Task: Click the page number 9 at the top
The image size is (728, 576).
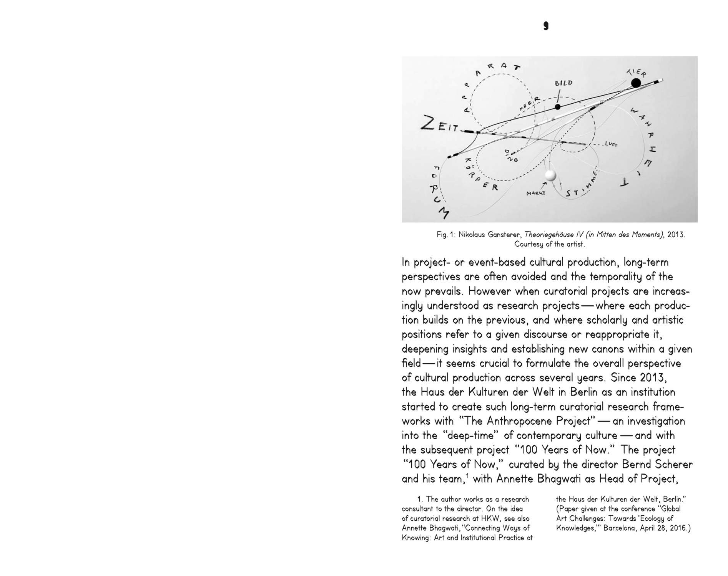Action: click(x=546, y=26)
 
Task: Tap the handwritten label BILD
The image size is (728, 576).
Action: click(x=563, y=83)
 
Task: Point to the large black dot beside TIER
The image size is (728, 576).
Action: click(x=636, y=83)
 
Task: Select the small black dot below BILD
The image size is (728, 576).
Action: click(x=558, y=107)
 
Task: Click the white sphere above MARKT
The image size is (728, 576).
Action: click(x=550, y=175)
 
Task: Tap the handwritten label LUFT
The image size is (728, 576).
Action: click(x=611, y=144)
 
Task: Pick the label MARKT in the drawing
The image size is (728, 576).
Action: click(x=536, y=193)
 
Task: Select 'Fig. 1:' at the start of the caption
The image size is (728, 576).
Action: click(x=445, y=235)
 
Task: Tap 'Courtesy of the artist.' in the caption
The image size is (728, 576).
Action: click(x=550, y=244)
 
